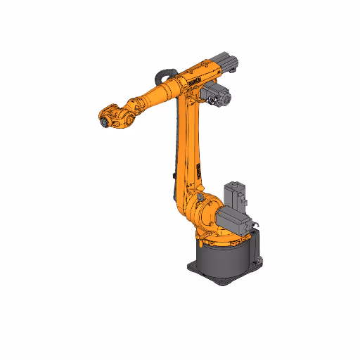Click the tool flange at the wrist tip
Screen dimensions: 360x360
[x=103, y=121]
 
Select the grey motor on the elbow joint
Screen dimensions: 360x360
[x=219, y=97]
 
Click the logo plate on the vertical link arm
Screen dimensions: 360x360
[x=199, y=171]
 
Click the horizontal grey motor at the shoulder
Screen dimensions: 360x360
[x=236, y=219]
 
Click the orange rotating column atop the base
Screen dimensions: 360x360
[x=211, y=236]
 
